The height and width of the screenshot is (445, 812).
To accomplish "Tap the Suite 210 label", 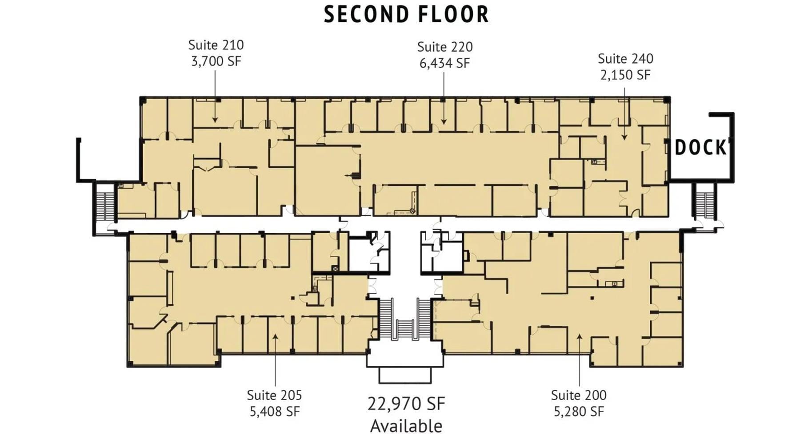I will coord(216,45).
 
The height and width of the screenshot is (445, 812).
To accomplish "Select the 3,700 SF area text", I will coord(216,61).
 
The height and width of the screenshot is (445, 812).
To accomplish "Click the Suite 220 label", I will coord(444,47).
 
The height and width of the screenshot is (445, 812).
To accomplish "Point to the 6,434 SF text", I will coord(444,63).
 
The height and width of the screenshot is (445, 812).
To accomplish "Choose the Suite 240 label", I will coord(625,58).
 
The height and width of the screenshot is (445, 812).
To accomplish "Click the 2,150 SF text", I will coord(625,75).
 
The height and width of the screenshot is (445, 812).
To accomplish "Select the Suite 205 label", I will coord(274,395).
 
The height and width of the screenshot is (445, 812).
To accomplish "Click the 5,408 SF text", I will coord(274,412).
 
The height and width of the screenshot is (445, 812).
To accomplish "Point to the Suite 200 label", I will coord(578,395).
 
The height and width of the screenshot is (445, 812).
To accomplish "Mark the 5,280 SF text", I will coord(578,412).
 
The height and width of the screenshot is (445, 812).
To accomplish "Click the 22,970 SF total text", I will coord(406,404).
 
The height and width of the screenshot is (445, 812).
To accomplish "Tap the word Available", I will coord(406,426).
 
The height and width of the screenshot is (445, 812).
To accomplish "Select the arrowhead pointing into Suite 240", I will coord(624,137).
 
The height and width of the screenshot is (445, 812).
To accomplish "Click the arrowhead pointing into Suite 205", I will coord(275,337).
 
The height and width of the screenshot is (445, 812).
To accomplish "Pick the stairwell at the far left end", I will coord(105,206).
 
